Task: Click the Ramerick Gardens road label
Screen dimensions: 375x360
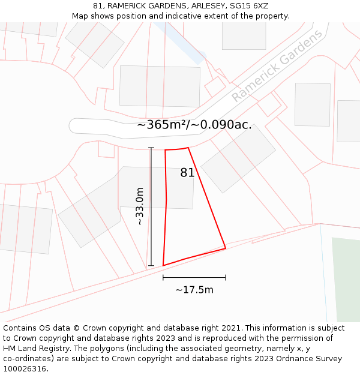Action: click(x=277, y=66)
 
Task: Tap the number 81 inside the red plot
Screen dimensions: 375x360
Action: click(x=187, y=173)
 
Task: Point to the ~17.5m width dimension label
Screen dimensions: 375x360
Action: click(x=194, y=290)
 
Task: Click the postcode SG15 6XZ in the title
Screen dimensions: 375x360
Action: click(x=248, y=6)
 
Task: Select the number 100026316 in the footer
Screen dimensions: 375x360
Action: click(x=26, y=369)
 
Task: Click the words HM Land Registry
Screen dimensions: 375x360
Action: click(x=34, y=349)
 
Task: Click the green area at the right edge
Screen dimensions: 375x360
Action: click(x=346, y=279)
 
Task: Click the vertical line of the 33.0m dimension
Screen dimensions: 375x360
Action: click(x=151, y=206)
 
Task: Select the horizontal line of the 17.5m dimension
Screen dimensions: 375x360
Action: click(x=194, y=278)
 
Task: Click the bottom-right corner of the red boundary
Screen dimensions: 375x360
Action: click(x=226, y=248)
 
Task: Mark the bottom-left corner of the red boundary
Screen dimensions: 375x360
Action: click(x=163, y=265)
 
